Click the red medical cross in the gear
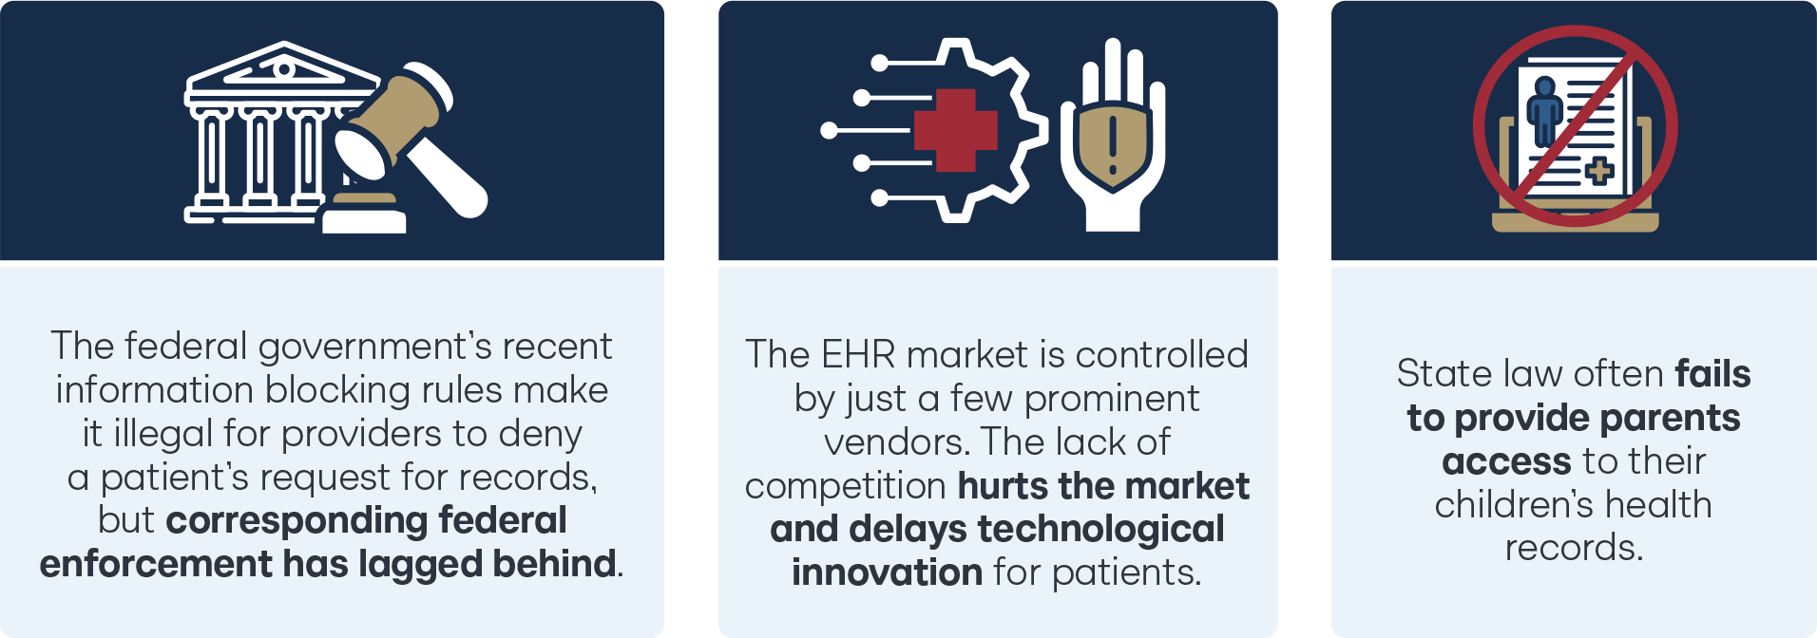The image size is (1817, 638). [x=955, y=130]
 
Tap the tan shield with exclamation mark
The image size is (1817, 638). [x=1113, y=144]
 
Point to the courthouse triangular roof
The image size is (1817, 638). [x=283, y=68]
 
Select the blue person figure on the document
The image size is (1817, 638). [x=1544, y=110]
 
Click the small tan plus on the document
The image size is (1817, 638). [x=1599, y=171]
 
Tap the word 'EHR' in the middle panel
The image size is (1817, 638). [x=858, y=354]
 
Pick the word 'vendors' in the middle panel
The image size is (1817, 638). [x=896, y=442]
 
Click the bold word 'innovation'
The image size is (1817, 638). [x=888, y=572]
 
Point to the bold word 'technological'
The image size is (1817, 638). [x=1101, y=529]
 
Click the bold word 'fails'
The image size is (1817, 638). [x=1712, y=374]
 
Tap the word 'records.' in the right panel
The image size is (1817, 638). [x=1574, y=548]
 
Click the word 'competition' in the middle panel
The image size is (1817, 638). [x=846, y=486]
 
